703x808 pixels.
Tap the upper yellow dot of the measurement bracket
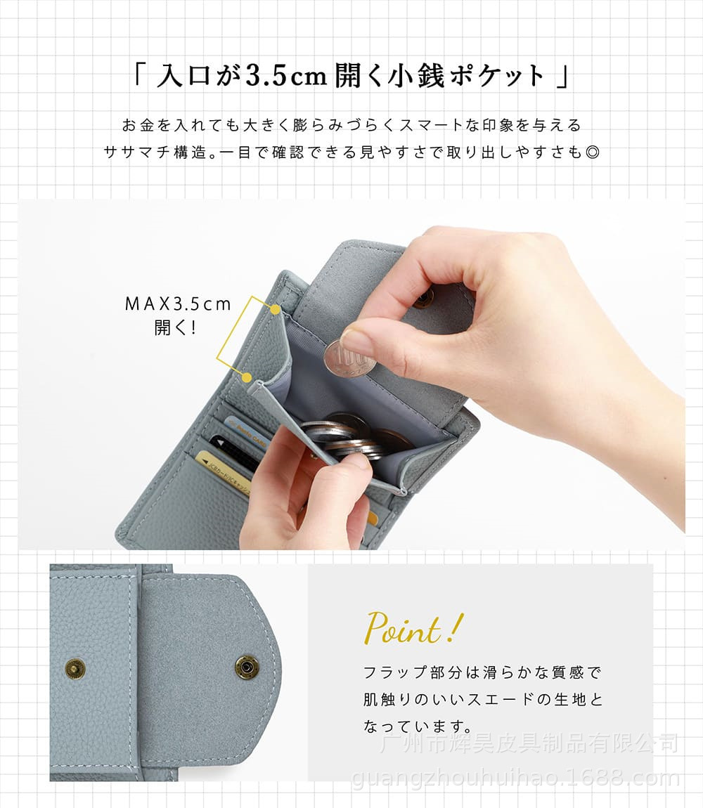276,309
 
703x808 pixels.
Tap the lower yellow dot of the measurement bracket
247,378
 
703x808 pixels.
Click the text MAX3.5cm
178,304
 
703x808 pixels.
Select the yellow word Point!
413,628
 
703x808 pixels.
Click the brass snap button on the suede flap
245,667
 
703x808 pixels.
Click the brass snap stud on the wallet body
75,670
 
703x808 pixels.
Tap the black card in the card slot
235,453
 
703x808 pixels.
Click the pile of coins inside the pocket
356,438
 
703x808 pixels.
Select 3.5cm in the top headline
286,77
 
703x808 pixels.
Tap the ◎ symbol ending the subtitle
593,152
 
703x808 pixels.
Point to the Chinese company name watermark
529,743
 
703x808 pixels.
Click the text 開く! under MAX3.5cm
175,327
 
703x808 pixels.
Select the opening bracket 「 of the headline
138,75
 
